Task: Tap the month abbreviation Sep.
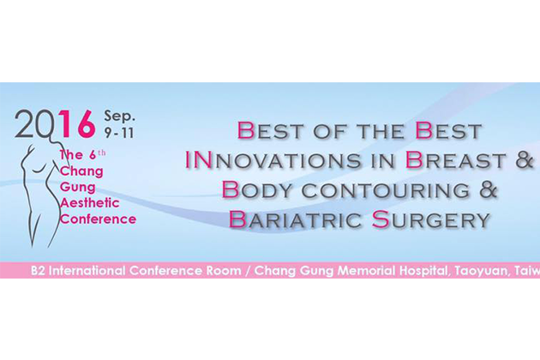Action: coord(119,117)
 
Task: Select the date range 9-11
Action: coord(119,133)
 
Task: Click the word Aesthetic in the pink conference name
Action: coord(90,203)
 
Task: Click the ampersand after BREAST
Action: coord(525,160)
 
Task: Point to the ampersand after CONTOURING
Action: coord(489,190)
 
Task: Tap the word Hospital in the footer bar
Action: coord(423,271)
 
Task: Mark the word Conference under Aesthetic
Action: coord(99,219)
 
